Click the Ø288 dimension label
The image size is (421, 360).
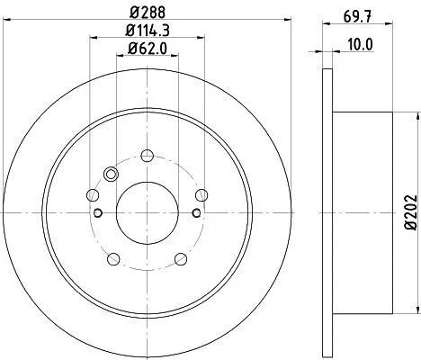click(148, 13)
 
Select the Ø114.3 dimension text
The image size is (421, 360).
click(148, 31)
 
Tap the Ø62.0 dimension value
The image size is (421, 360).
click(148, 49)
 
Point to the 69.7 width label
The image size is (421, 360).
click(357, 17)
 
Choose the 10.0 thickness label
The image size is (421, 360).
click(360, 45)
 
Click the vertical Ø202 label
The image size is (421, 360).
click(410, 212)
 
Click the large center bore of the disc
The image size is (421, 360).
click(148, 212)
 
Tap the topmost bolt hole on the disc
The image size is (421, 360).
click(148, 156)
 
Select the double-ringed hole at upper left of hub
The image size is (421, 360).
click(111, 174)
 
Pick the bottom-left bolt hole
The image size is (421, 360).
click(113, 259)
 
